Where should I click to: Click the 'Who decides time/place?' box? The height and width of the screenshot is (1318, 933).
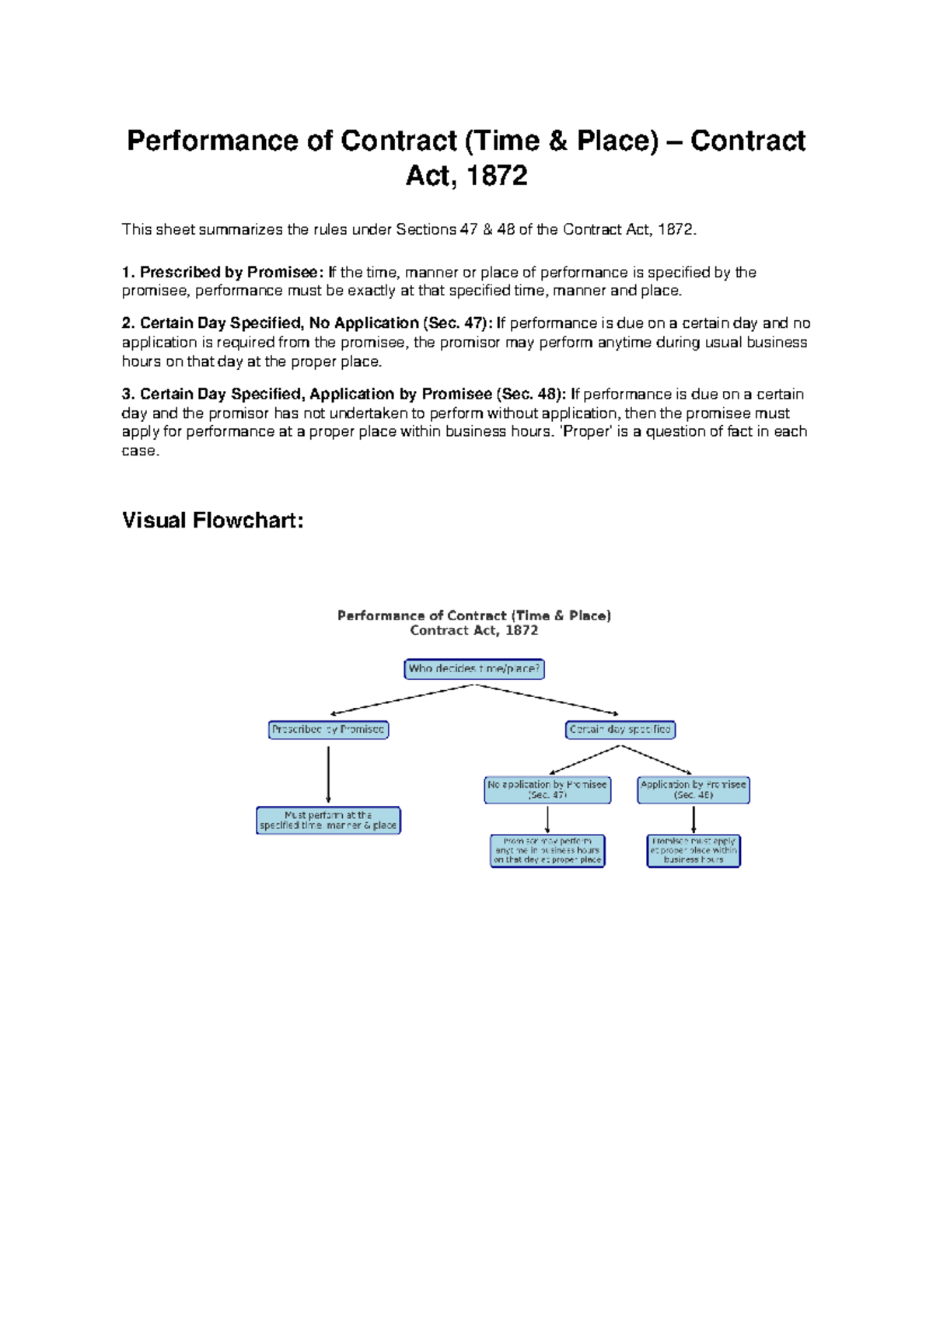tap(474, 669)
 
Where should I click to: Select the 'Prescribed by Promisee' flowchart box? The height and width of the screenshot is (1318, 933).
tap(328, 730)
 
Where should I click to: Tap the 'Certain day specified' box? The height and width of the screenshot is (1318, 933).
tap(620, 730)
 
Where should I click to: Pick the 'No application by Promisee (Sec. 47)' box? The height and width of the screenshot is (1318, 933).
tap(547, 790)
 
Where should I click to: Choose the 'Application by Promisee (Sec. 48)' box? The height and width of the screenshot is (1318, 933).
tap(694, 790)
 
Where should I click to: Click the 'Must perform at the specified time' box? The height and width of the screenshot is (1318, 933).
tap(328, 821)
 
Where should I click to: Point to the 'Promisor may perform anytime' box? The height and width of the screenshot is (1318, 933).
tap(547, 851)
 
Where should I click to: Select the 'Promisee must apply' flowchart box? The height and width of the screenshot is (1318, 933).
tap(694, 851)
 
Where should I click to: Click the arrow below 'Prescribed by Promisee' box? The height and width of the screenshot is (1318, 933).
tap(328, 773)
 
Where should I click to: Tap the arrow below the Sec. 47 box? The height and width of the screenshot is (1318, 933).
tap(547, 819)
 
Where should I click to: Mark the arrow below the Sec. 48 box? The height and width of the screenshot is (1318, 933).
tap(694, 819)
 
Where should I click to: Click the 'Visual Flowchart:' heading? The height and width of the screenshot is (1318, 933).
tap(212, 521)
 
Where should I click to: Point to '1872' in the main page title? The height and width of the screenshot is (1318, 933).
tap(498, 176)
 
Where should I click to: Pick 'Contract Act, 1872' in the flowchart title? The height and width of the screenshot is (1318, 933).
tap(474, 631)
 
